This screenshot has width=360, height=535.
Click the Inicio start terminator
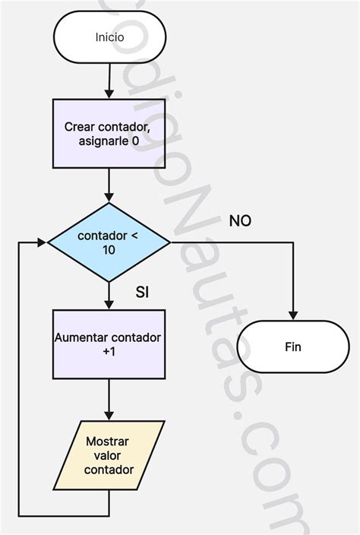[110, 36]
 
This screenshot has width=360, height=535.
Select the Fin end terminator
[293, 347]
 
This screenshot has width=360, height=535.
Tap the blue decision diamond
[109, 242]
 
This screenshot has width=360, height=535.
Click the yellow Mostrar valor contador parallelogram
[109, 455]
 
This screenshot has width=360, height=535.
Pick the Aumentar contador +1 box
[109, 344]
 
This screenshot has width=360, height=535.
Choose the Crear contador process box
[109, 134]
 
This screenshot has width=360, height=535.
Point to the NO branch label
[240, 221]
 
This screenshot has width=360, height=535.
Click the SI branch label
[142, 292]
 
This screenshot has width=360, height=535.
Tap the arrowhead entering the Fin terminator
[293, 315]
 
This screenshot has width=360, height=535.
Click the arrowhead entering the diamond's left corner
[42, 242]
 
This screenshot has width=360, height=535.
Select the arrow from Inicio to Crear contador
[109, 81]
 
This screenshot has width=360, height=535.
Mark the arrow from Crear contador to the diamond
[109, 185]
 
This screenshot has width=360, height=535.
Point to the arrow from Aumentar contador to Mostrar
[109, 400]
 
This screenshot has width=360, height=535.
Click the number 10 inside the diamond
[109, 250]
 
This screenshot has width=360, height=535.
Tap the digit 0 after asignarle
[135, 141]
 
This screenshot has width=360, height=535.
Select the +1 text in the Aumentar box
[109, 351]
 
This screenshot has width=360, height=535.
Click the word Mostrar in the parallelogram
[107, 442]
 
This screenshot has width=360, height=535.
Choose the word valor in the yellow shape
[107, 455]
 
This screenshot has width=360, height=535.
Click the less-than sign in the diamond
[134, 236]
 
